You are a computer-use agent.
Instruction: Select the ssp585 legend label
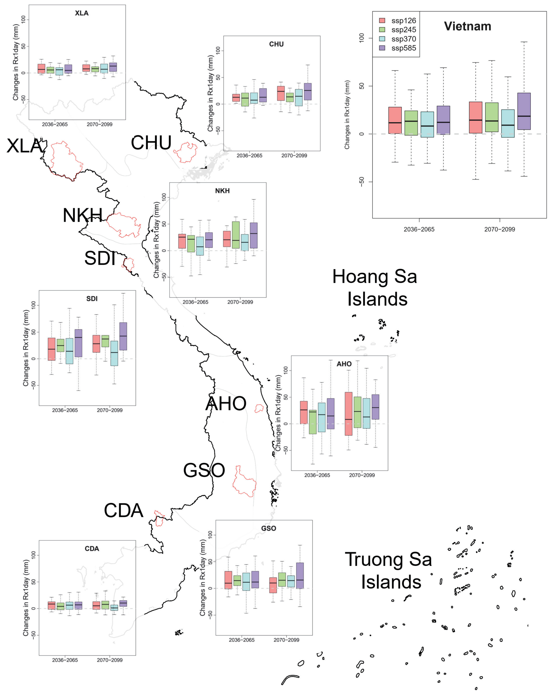coord(404,48)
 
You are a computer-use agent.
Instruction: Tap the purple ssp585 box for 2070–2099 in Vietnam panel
coord(524,111)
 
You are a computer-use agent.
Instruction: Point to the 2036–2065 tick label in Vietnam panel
coord(419,229)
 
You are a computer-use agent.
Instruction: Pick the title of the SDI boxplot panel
coord(92,299)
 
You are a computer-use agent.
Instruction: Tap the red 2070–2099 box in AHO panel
coord(348,414)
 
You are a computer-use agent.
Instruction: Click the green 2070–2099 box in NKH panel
coord(236,235)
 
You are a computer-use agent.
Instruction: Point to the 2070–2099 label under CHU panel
coord(294,156)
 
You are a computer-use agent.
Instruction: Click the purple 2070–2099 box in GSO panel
coord(300,576)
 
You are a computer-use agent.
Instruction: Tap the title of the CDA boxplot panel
coord(92,549)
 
